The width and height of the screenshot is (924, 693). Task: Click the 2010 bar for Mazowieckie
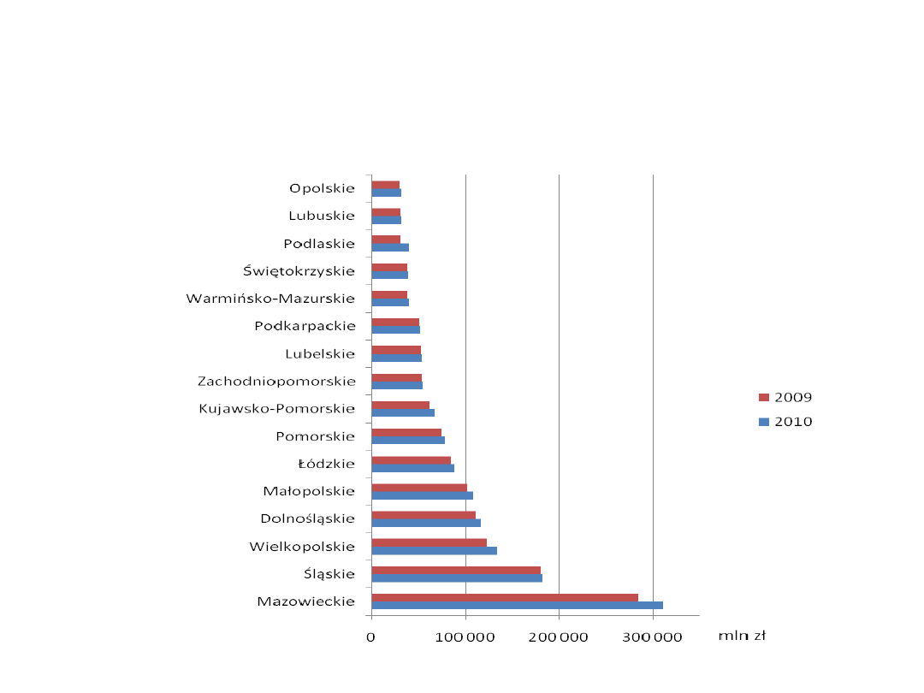(517, 606)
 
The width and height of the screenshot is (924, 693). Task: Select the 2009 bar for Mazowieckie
(505, 597)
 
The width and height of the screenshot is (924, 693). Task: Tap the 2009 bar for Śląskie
(456, 570)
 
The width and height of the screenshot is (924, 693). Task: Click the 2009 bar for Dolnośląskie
(423, 515)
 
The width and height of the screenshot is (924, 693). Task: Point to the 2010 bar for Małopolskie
(422, 495)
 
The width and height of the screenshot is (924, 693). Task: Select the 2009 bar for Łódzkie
(411, 460)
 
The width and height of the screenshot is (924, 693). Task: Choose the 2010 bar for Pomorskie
(408, 440)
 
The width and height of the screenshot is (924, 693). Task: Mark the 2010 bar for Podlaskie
(390, 247)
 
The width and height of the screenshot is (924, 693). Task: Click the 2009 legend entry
(786, 397)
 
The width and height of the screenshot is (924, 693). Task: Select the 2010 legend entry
(786, 422)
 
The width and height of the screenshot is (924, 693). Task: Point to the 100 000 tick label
(465, 637)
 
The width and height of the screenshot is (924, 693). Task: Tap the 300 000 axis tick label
(653, 637)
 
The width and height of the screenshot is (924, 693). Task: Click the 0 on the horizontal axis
(371, 637)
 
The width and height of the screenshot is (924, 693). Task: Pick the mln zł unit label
(741, 636)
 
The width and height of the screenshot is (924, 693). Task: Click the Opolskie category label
(322, 188)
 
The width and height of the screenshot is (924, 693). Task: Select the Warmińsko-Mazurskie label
(270, 299)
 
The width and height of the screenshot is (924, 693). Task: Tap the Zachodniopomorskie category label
(276, 381)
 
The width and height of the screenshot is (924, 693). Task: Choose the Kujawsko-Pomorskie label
(276, 408)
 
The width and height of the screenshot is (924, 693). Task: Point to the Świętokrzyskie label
(299, 271)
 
